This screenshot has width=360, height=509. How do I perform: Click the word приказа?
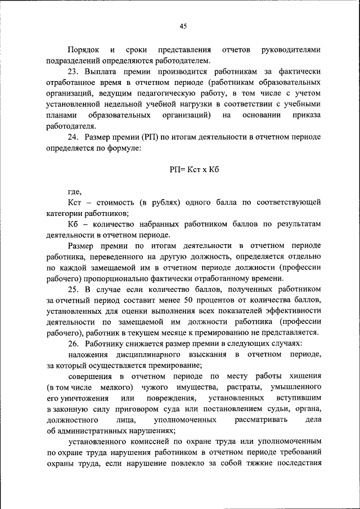pyautogui.click(x=307, y=115)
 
